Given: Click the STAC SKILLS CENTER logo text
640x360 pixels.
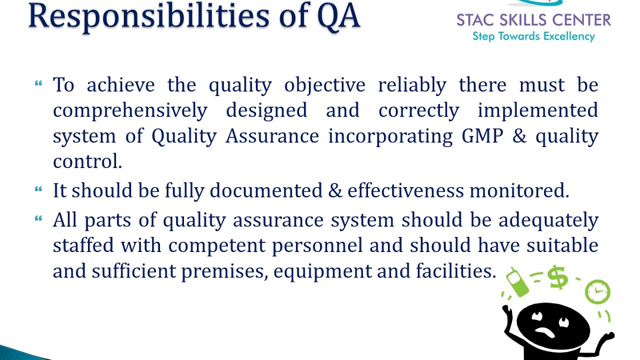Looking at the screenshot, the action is point(533,20).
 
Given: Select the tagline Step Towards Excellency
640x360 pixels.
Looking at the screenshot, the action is point(533,36).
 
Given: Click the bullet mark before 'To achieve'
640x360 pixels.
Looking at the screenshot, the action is point(38,83).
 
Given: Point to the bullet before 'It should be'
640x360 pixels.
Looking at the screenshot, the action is point(38,189).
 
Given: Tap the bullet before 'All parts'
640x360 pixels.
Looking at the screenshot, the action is point(38,218).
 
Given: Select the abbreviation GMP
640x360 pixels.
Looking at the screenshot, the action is point(482,135).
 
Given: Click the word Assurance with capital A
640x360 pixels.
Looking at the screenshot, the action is point(272,135).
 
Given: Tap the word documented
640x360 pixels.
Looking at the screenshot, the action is point(266,190).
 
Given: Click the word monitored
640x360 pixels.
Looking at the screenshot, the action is point(516,190).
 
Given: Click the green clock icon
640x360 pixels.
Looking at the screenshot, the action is point(597,291).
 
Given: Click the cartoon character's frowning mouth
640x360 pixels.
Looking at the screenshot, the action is point(545,332).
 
